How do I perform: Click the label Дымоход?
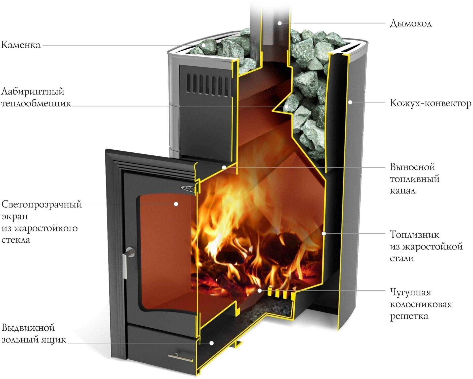tap(411, 23)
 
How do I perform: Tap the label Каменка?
tap(21, 45)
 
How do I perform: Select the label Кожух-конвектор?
tap(430, 103)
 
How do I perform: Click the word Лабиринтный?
tap(33, 91)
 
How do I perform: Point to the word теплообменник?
tap(36, 104)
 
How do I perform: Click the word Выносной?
tap(412, 167)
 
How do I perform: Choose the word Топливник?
tap(414, 234)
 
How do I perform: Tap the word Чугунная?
tap(411, 293)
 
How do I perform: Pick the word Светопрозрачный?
tap(42, 204)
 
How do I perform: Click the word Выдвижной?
tap(28, 328)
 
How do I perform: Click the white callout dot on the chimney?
tap(280, 23)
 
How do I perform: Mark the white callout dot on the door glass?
tap(176, 204)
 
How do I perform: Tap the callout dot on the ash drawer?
tap(212, 343)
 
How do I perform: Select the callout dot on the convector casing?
tap(350, 102)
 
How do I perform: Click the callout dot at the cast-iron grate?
tap(260, 291)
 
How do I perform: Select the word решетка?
tap(409, 316)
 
